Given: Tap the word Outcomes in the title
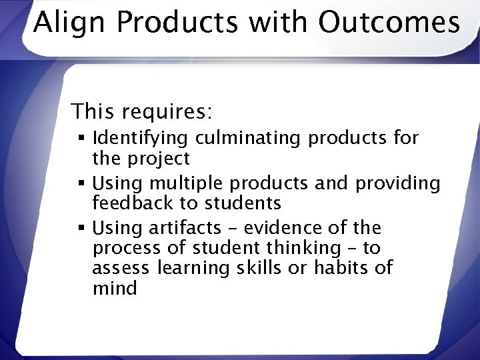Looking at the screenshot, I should pyautogui.click(x=389, y=23).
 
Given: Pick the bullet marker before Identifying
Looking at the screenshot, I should pyautogui.click(x=83, y=139).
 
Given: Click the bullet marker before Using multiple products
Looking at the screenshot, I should pyautogui.click(x=83, y=183).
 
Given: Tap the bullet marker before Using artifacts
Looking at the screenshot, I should pyautogui.click(x=83, y=228).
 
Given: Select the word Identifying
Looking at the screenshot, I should pyautogui.click(x=143, y=139).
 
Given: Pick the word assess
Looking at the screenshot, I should pyautogui.click(x=121, y=269).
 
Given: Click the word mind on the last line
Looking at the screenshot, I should pyautogui.click(x=115, y=289).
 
